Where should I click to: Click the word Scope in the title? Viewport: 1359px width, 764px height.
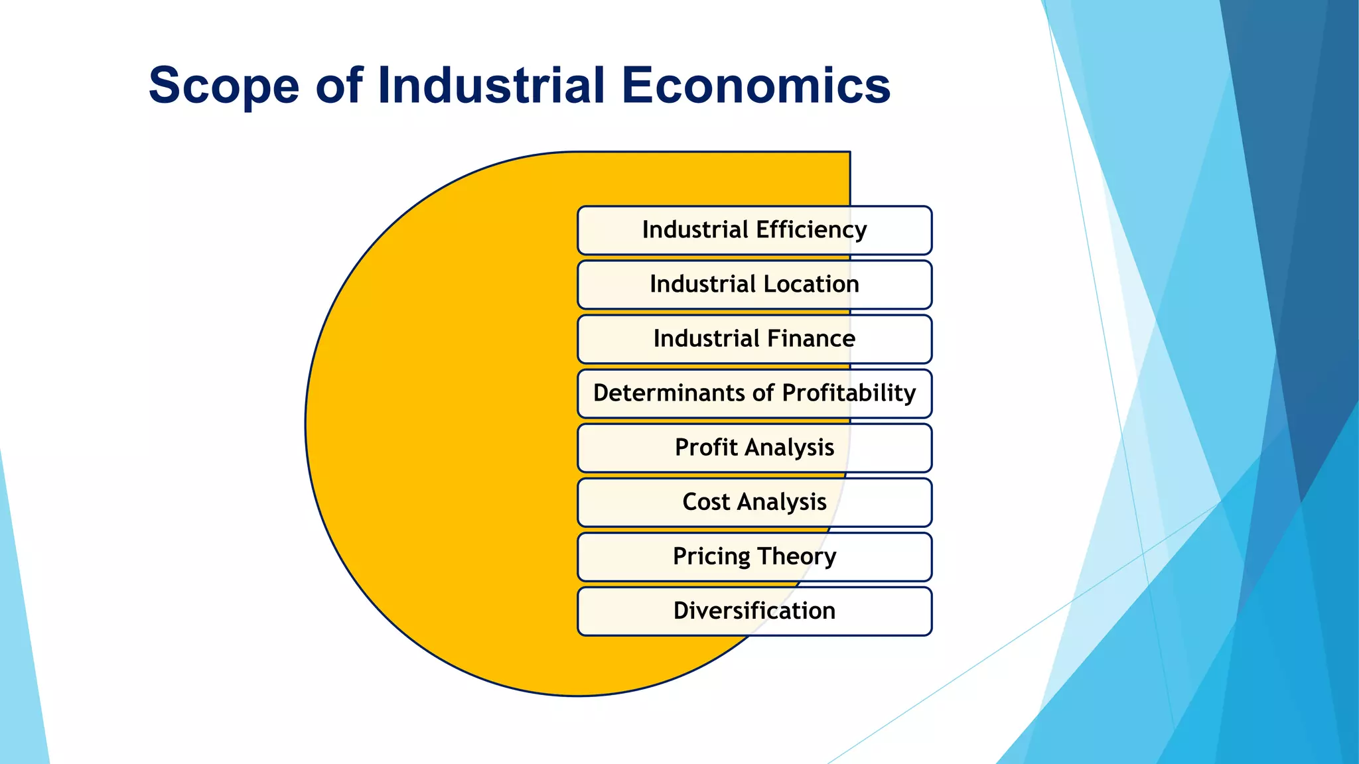click(224, 86)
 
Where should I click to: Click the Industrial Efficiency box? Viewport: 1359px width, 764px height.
click(754, 230)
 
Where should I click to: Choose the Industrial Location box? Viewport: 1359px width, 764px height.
click(754, 285)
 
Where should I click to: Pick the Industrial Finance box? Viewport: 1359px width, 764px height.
click(754, 339)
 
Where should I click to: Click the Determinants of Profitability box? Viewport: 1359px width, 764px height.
click(754, 393)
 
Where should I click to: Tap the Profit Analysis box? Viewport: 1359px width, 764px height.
click(754, 448)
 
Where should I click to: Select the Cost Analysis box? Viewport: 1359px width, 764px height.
click(754, 502)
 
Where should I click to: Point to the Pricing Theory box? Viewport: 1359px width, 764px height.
click(754, 556)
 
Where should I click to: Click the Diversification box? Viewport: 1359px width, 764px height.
click(754, 611)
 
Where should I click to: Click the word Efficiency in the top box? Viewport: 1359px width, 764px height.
click(811, 230)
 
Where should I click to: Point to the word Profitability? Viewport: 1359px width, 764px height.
click(849, 393)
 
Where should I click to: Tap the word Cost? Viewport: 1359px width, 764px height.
click(706, 502)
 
